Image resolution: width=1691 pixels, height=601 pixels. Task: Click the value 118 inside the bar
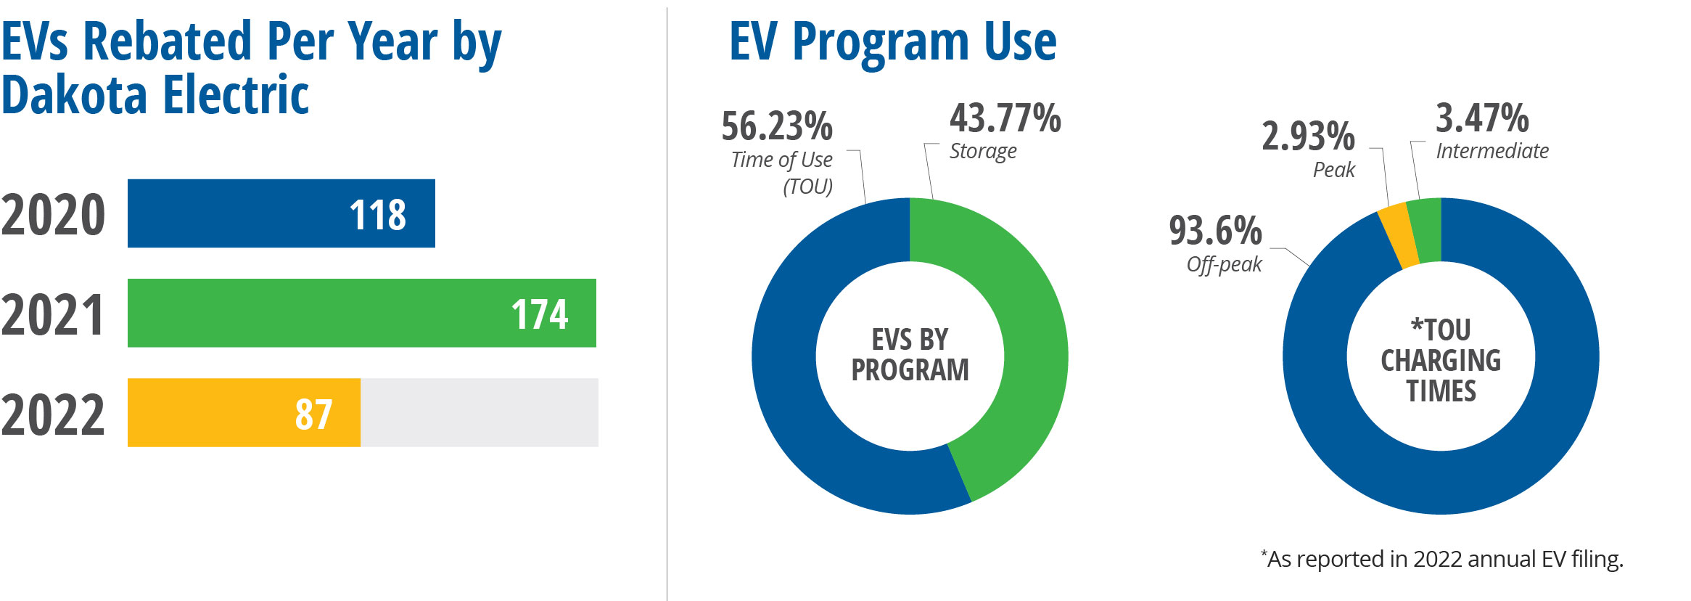point(378,215)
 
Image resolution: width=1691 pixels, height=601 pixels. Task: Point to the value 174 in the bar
point(540,314)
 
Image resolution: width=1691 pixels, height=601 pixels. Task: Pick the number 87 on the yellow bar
point(313,414)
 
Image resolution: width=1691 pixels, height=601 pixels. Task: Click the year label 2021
point(53,315)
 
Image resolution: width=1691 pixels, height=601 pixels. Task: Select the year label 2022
point(53,414)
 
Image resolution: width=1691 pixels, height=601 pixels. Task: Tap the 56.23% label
point(777,126)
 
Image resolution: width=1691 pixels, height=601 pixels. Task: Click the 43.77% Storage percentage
point(1005,118)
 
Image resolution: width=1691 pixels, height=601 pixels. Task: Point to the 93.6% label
point(1215,231)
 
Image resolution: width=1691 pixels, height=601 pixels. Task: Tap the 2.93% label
point(1308,136)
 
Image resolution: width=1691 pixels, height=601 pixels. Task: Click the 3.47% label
point(1482,118)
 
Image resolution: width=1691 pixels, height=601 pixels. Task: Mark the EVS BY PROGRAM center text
point(910,355)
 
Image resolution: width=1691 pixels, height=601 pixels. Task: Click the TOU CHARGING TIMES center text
point(1441,360)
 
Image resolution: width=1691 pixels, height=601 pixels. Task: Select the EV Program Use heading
point(892,41)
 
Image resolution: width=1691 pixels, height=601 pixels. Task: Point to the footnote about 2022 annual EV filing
point(1441,559)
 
